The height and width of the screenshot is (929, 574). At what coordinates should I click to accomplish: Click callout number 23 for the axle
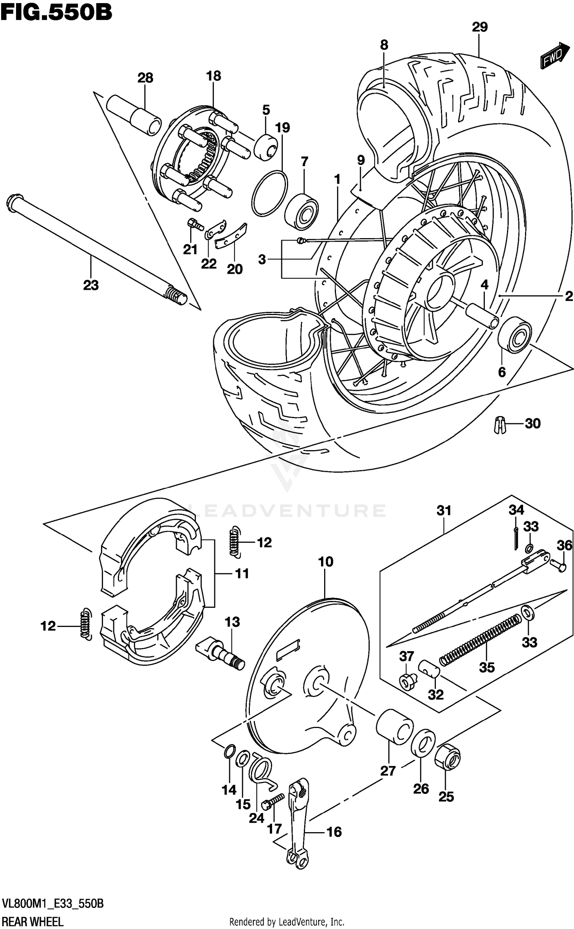(91, 285)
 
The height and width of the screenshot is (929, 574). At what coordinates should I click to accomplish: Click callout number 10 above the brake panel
(325, 562)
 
